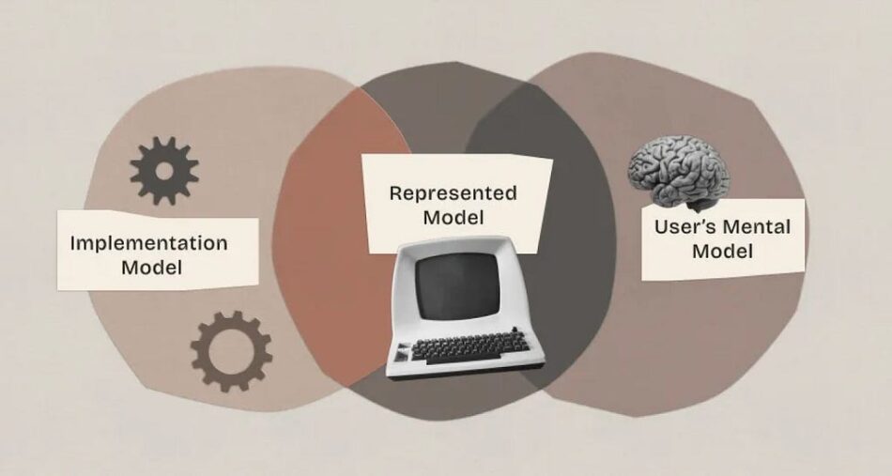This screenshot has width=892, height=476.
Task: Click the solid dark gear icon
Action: pyautogui.click(x=164, y=171)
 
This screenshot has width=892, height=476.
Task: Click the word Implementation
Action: pyautogui.click(x=148, y=243)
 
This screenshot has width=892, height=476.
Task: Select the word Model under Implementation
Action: pyautogui.click(x=152, y=268)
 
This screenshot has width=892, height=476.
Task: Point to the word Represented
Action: pyautogui.click(x=454, y=193)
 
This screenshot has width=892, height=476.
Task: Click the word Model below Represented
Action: pyautogui.click(x=454, y=217)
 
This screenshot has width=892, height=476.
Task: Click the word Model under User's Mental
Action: pyautogui.click(x=722, y=251)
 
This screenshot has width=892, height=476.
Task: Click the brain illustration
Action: pyautogui.click(x=679, y=172)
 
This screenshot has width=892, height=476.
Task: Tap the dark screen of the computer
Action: pyautogui.click(x=457, y=285)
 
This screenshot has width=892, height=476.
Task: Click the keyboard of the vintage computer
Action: pyautogui.click(x=469, y=346)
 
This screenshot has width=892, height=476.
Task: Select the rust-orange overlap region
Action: pyautogui.click(x=327, y=238)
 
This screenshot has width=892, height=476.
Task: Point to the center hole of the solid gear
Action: pyautogui.click(x=164, y=171)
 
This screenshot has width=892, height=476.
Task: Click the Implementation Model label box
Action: pyautogui.click(x=158, y=251)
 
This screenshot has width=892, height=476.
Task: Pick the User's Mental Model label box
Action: pyautogui.click(x=723, y=238)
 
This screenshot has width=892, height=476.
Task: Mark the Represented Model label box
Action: pyautogui.click(x=457, y=204)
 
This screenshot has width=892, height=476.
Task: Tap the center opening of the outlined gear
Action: pyautogui.click(x=230, y=351)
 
